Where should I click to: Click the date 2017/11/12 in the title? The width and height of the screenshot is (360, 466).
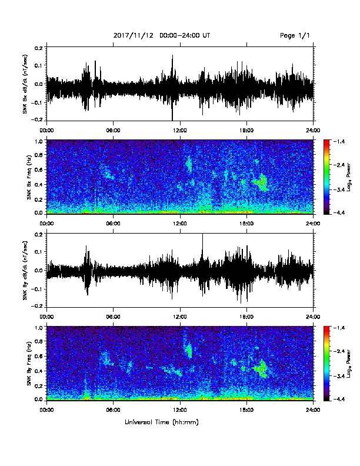click(x=134, y=35)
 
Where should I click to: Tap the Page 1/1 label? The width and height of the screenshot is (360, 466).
click(x=295, y=35)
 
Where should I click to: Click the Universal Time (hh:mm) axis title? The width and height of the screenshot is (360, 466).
click(x=162, y=422)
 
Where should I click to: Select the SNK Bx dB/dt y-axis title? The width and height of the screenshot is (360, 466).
click(x=25, y=84)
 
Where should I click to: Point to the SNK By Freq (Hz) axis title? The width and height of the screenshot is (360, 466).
click(x=29, y=363)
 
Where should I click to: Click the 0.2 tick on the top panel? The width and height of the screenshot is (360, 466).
click(x=39, y=47)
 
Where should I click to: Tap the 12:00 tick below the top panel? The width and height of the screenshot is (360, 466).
click(x=180, y=131)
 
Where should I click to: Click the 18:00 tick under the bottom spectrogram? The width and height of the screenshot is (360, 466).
click(x=246, y=410)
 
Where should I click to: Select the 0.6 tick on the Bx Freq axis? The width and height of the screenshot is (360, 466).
click(x=39, y=169)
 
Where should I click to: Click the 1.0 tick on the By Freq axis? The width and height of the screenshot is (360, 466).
click(x=39, y=328)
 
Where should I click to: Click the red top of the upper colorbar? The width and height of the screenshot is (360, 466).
click(x=326, y=142)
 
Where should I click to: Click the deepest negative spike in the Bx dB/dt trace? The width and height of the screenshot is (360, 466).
click(x=172, y=113)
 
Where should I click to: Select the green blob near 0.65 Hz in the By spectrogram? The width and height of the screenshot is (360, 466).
click(x=189, y=350)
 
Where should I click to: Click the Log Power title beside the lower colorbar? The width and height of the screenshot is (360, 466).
click(x=349, y=363)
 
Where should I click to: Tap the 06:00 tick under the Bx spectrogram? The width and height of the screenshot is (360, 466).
click(x=113, y=224)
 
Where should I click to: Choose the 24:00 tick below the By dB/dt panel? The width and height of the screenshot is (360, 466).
click(x=313, y=317)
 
